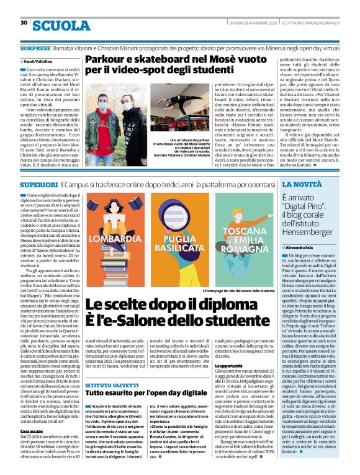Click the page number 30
[x=24, y=23]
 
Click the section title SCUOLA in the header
[x=61, y=25]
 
